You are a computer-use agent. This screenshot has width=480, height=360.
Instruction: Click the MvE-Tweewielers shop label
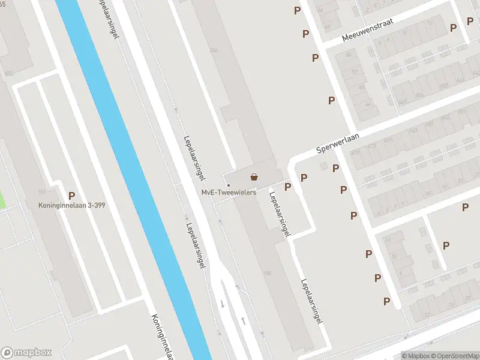point(229,192)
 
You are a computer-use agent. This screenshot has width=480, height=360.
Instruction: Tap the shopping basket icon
point(254,177)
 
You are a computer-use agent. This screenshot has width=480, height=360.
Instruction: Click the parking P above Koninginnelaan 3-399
point(72,195)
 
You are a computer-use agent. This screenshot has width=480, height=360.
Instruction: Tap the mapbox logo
point(26,352)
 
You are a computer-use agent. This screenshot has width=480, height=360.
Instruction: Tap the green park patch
point(2,199)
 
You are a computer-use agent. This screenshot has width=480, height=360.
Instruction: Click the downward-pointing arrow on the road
point(222,304)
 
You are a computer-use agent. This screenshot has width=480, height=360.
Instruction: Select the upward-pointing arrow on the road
point(243,321)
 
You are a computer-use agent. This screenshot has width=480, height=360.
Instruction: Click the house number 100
point(267,274)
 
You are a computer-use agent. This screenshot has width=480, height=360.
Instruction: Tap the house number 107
point(42,192)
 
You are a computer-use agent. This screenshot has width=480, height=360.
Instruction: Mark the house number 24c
point(213,50)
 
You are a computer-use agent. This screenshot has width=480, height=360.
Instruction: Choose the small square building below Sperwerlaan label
point(324,165)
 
